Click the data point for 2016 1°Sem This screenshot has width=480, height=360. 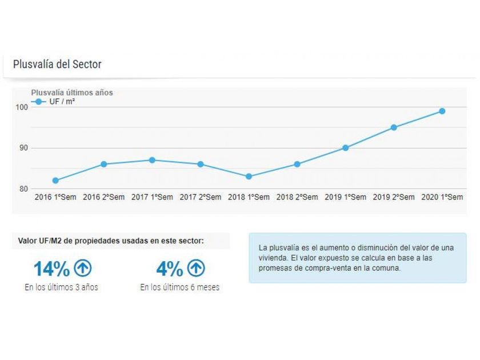[55, 181]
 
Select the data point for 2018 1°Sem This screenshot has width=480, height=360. [249, 177]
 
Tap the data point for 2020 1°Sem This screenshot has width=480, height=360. [442, 111]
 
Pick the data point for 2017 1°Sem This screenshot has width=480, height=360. [152, 160]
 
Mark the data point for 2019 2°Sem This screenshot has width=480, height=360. [394, 127]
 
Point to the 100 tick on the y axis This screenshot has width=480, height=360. [22, 107]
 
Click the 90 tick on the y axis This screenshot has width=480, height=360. [23, 148]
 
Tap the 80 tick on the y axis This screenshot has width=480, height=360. [23, 189]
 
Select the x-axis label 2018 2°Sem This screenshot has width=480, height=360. [297, 197]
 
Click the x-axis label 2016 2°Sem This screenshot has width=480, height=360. [103, 197]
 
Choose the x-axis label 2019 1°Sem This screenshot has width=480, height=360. [346, 197]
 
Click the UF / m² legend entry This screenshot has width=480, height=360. [60, 102]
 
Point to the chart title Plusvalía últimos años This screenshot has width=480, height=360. [72, 93]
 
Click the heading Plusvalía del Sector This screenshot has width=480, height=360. [57, 64]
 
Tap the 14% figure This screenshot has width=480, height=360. [51, 269]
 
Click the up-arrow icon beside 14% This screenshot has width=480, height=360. [83, 268]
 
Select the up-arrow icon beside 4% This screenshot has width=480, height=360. [196, 268]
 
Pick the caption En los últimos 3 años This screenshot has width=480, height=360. [61, 287]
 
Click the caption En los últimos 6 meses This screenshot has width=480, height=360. [179, 287]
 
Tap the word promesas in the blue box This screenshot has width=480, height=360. [274, 267]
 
